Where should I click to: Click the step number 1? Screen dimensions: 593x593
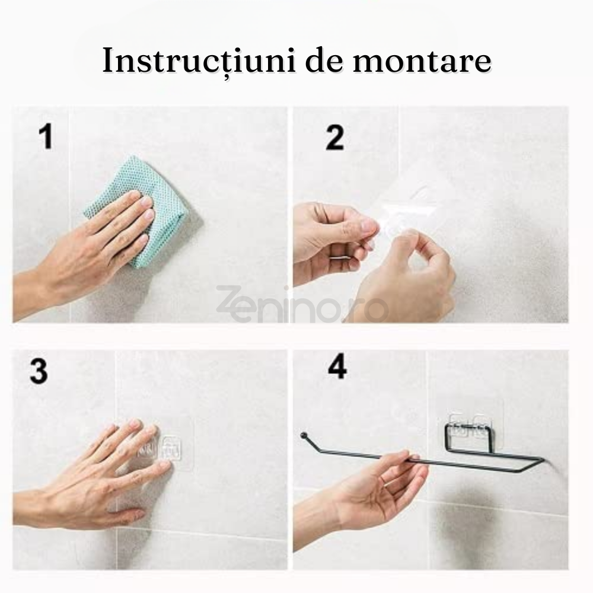pyautogui.click(x=45, y=137)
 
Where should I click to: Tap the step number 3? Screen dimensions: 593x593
pyautogui.click(x=38, y=372)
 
